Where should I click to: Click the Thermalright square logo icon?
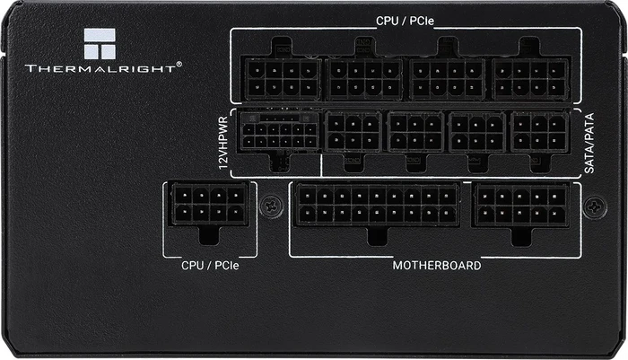100,44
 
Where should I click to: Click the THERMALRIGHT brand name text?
100,68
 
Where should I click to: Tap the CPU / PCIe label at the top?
405,21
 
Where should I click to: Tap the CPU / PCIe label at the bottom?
210,266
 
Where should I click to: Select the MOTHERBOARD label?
437,266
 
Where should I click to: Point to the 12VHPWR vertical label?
223,143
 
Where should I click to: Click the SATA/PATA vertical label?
589,143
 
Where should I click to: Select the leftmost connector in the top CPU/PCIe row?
283,79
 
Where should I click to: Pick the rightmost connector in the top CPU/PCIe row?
531,79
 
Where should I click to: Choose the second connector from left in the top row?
364,79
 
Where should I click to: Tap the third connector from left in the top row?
448,79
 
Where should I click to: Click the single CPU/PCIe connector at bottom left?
209,204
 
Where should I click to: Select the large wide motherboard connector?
377,205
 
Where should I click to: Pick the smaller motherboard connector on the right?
521,205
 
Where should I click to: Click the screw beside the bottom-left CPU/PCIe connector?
271,206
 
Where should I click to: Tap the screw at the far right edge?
595,206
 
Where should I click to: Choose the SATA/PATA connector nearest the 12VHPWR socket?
353,132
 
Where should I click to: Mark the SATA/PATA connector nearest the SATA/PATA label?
539,132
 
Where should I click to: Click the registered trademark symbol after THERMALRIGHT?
179,64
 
